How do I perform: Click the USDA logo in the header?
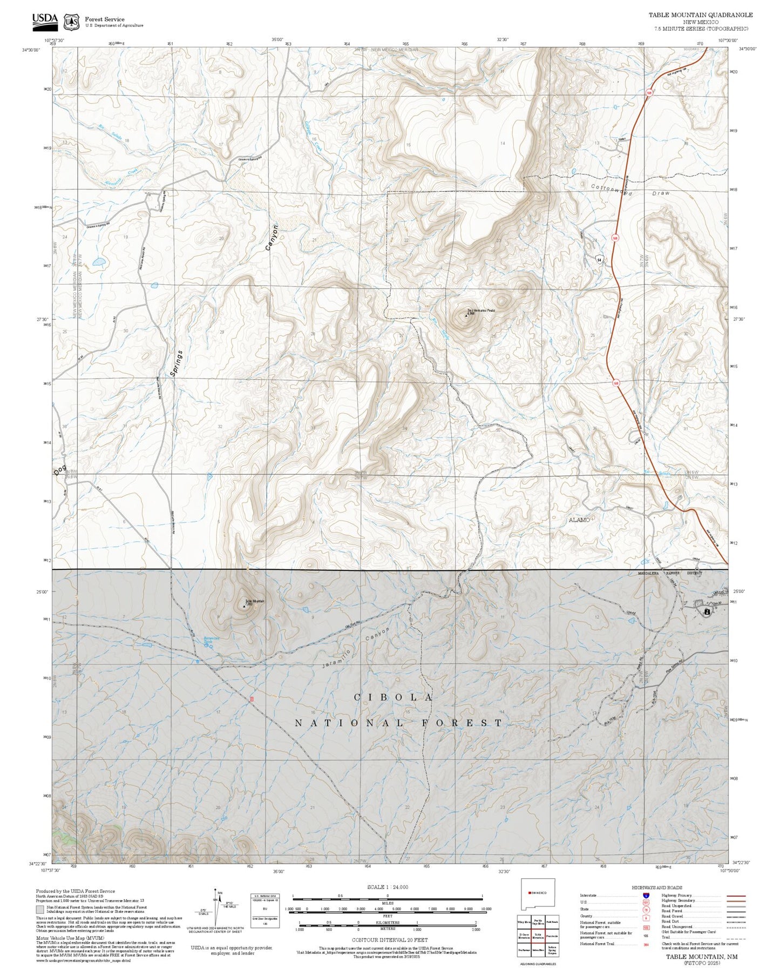coord(45,21)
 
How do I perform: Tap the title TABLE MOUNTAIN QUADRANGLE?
coord(700,15)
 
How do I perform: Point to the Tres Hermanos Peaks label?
coord(481,311)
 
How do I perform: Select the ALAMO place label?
coord(579,520)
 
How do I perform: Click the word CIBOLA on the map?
coord(393,697)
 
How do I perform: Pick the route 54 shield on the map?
coord(599,260)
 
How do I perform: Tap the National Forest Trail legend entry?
coord(597,944)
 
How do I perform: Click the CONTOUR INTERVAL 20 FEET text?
coord(387,940)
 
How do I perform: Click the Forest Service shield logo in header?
coord(71,22)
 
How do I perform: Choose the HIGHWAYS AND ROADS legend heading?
coord(656,887)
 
